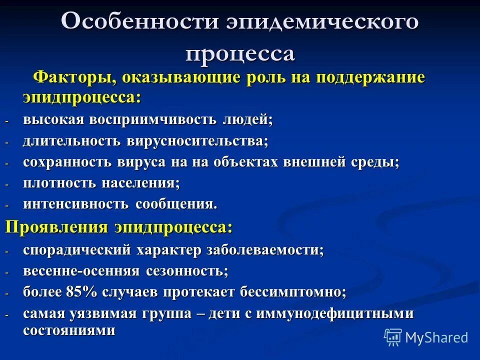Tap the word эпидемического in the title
click(322, 22)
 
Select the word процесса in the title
click(240, 52)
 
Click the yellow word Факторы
click(74, 78)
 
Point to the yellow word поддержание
click(369, 78)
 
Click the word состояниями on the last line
click(69, 330)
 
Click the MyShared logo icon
click(393, 337)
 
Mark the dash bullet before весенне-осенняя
click(7, 272)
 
